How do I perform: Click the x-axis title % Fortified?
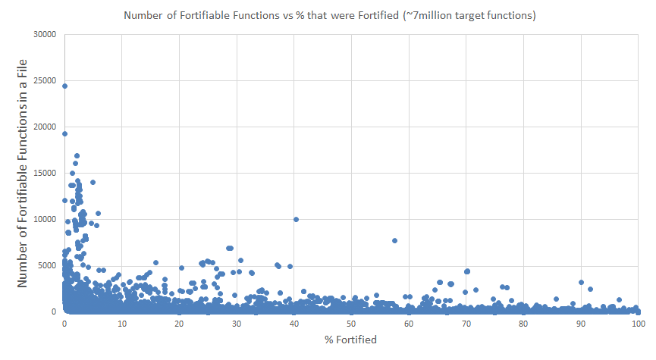pyautogui.click(x=350, y=340)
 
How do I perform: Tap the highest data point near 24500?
pyautogui.click(x=64, y=86)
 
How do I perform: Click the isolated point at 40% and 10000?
pyautogui.click(x=296, y=220)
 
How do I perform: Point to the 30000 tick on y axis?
pyautogui.click(x=44, y=34)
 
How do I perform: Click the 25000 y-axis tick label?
pyautogui.click(x=44, y=80)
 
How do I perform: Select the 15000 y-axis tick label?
pyautogui.click(x=44, y=173)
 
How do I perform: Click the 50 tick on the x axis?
pyautogui.click(x=351, y=324)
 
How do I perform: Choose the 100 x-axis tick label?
pyautogui.click(x=638, y=324)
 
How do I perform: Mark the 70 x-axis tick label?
pyautogui.click(x=466, y=324)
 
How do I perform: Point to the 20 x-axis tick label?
pyautogui.click(x=179, y=324)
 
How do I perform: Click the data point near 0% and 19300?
pyautogui.click(x=64, y=133)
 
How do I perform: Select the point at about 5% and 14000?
pyautogui.click(x=93, y=182)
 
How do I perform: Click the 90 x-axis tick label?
pyautogui.click(x=581, y=324)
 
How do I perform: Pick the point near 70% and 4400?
pyautogui.click(x=467, y=271)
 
